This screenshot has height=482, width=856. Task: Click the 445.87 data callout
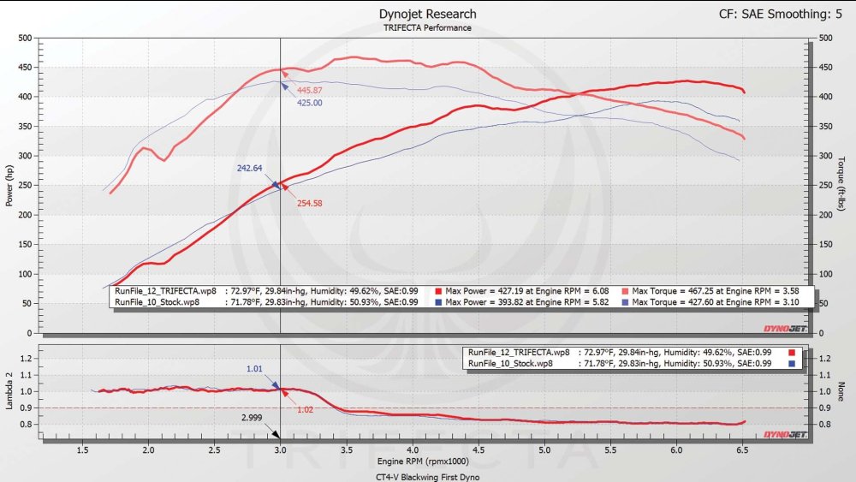click(x=309, y=91)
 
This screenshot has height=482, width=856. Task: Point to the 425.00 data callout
click(x=310, y=103)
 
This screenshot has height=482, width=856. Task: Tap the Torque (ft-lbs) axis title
click(x=843, y=185)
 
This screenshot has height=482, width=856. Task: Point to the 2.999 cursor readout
click(x=252, y=417)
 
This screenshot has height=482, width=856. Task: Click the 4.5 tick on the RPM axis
click(x=479, y=449)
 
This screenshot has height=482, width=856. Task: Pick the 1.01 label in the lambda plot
click(x=254, y=370)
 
